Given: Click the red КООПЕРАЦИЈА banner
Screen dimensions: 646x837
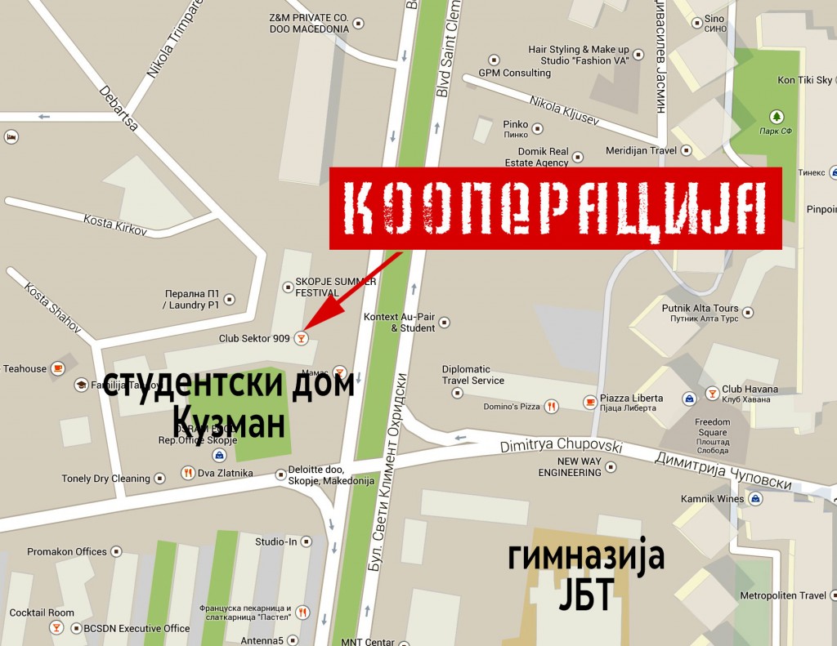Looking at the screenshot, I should [556, 207].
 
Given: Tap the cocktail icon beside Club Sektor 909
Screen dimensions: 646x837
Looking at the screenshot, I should [302, 337].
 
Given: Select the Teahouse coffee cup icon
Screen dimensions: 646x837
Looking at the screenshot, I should [57, 368].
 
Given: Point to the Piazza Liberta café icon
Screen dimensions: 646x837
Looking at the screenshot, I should [590, 401].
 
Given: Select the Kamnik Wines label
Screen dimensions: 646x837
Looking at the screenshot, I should [713, 498].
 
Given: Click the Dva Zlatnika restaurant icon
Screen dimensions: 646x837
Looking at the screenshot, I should [188, 473].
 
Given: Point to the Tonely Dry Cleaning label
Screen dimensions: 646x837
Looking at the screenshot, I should [106, 479].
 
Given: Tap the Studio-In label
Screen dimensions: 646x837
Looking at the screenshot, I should [277, 541].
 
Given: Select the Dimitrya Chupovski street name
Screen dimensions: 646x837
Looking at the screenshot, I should [561, 446].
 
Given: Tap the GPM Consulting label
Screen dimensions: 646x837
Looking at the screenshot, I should [514, 73].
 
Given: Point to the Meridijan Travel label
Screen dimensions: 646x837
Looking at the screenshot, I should [642, 150].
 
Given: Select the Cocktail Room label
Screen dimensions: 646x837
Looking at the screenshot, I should [42, 613].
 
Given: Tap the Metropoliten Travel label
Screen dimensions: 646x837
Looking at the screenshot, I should [783, 595].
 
